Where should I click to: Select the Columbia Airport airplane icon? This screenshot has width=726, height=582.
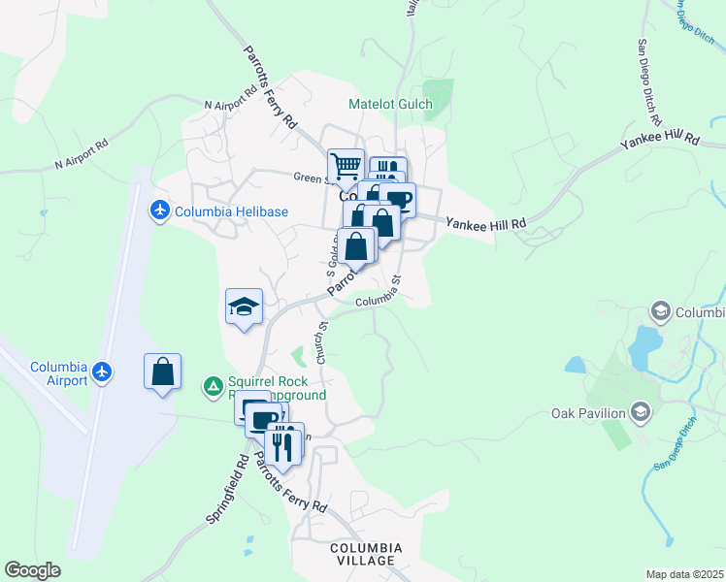click(x=102, y=372)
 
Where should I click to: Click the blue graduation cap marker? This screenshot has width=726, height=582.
click(x=244, y=308)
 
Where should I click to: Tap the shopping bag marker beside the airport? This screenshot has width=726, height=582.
click(x=163, y=372)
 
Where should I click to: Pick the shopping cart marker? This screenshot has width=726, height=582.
click(x=345, y=166)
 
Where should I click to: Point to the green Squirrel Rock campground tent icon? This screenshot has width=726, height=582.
click(x=214, y=387)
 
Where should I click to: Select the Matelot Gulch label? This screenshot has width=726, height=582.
click(x=391, y=104)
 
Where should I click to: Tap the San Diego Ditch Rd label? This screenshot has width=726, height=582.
click(x=648, y=84)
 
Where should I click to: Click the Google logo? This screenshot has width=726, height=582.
click(x=32, y=570)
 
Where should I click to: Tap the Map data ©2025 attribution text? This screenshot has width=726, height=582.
click(x=684, y=574)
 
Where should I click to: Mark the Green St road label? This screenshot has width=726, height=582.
click(x=309, y=178)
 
